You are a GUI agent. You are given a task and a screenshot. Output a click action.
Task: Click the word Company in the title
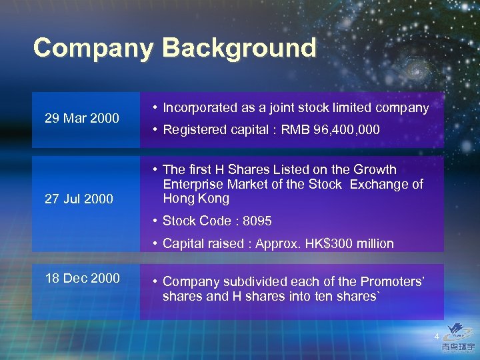tap(93, 48)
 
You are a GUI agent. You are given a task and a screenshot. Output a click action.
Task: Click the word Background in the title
tap(239, 48)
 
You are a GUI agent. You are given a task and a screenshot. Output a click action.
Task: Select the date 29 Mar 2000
tap(82, 119)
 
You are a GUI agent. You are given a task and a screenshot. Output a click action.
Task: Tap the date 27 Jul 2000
tap(79, 199)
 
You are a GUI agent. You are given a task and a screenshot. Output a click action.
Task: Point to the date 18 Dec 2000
tap(83, 278)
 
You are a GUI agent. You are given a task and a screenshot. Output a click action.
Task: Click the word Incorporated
tap(200, 107)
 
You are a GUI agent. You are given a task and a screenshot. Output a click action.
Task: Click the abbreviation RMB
tap(294, 130)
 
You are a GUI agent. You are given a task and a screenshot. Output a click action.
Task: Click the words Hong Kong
tap(196, 199)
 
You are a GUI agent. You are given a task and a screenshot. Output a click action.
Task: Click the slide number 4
tap(437, 336)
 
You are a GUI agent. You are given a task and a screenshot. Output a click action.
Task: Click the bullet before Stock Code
tap(154, 221)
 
